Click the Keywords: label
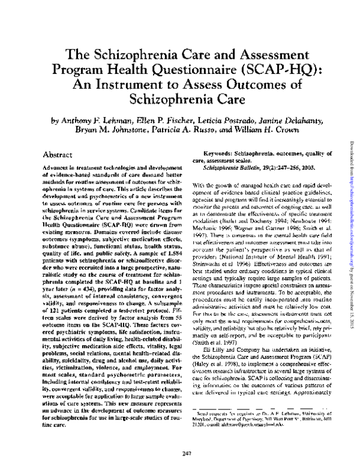pos(220,155)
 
